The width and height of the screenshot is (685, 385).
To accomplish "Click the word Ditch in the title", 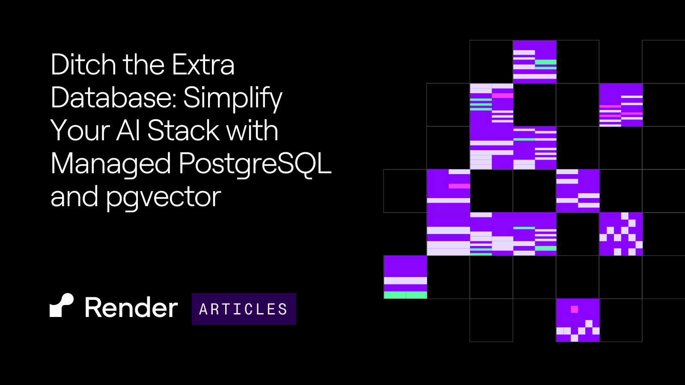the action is (83, 64).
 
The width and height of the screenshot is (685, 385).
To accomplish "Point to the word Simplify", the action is (233, 99).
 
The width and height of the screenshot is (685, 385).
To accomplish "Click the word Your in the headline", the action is (80, 130).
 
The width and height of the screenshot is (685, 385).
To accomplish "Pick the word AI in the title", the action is (128, 130).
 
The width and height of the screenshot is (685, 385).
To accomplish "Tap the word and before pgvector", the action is (74, 196).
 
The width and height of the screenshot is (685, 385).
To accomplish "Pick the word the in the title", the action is (144, 64).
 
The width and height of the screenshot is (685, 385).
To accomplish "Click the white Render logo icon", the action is (62, 305).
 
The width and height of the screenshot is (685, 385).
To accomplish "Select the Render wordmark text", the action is (131, 308).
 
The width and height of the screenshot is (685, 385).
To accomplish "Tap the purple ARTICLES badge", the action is (244, 309).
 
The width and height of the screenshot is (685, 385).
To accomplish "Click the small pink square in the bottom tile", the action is (575, 310).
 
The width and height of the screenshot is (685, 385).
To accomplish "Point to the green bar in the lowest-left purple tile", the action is (405, 295).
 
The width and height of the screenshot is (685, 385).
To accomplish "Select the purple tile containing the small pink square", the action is (578, 320).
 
